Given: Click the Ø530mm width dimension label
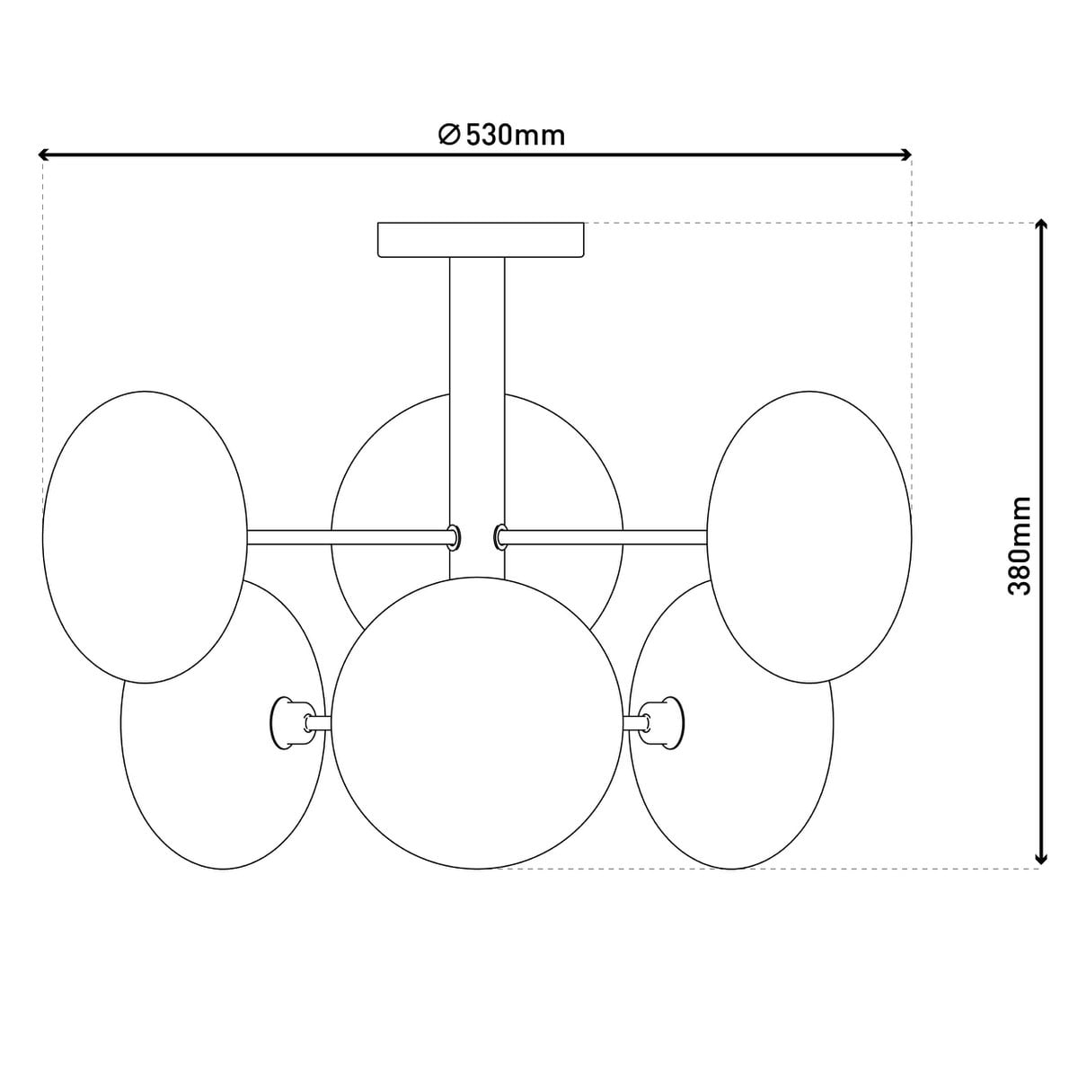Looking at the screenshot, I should (x=502, y=135).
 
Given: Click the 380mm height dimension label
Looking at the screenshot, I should (x=1020, y=545).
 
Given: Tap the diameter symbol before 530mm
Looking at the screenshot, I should (x=450, y=135).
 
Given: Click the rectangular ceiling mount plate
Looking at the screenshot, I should (x=481, y=240).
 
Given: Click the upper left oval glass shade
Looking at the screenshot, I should (x=145, y=536).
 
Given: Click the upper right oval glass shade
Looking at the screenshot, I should (x=809, y=536).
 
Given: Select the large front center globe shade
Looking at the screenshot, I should (x=477, y=723).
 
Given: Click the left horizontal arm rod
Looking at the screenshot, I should (x=346, y=537).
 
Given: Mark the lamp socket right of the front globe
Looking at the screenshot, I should (x=663, y=721).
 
